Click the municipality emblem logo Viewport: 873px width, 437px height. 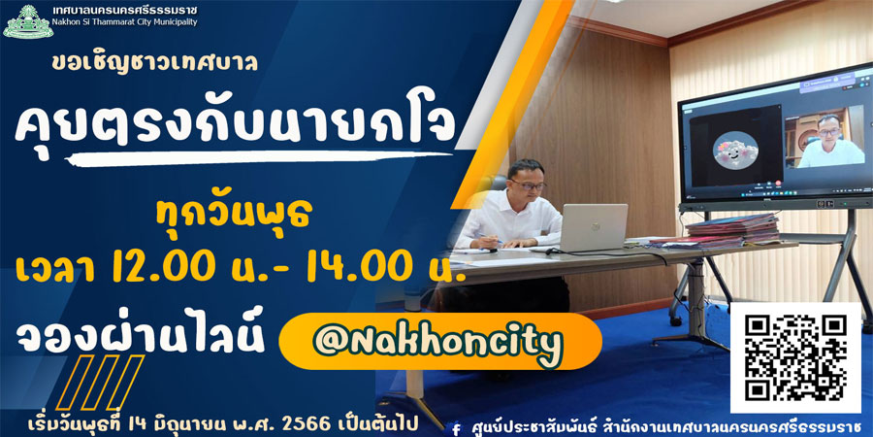(28, 21)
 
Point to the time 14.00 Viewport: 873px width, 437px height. (357, 268)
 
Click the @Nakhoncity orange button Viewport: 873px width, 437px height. (439, 341)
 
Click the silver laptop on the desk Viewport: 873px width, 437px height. (592, 227)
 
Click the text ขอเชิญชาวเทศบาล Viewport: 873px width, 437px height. (155, 62)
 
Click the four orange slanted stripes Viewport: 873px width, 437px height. (100, 382)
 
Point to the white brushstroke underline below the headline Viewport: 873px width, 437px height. (262, 158)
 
